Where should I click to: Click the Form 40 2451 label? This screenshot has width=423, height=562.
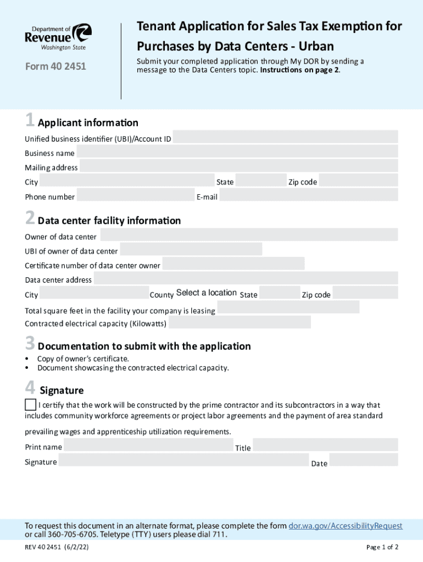pyautogui.click(x=55, y=68)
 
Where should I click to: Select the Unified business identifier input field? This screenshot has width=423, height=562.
pyautogui.click(x=285, y=137)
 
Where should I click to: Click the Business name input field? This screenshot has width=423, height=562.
pyautogui.click(x=237, y=152)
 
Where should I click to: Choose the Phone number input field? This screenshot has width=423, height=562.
pyautogui.click(x=136, y=195)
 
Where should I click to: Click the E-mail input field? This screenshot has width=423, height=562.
pyautogui.click(x=308, y=195)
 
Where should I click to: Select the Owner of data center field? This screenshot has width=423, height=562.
pyautogui.click(x=249, y=235)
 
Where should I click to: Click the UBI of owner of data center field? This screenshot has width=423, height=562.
pyautogui.click(x=191, y=250)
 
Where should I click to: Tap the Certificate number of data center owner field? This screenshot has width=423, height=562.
pyautogui.click(x=233, y=264)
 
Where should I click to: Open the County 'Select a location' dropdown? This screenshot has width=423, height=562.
pyautogui.click(x=207, y=293)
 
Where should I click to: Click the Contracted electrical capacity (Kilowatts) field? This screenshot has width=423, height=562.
pyautogui.click(x=240, y=322)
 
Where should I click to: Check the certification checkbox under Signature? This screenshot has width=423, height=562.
pyautogui.click(x=31, y=405)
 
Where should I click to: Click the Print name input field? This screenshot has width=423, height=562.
pyautogui.click(x=148, y=445)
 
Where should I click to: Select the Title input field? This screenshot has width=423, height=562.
pyautogui.click(x=325, y=445)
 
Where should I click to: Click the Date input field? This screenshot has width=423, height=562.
pyautogui.click(x=363, y=460)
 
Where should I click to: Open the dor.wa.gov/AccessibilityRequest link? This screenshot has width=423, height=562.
pyautogui.click(x=346, y=526)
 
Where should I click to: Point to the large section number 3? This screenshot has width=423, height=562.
pyautogui.click(x=30, y=344)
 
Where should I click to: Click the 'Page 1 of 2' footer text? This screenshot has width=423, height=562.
pyautogui.click(x=382, y=547)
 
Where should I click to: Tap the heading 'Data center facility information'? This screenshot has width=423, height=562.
pyautogui.click(x=109, y=221)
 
